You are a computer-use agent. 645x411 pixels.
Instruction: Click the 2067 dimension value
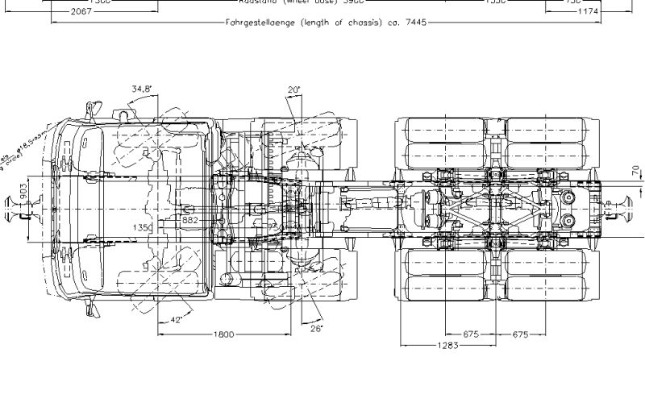[81, 12]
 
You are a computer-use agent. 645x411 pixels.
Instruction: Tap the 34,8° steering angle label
[144, 89]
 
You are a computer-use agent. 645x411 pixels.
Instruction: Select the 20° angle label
[293, 89]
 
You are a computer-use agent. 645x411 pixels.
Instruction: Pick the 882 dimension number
[189, 219]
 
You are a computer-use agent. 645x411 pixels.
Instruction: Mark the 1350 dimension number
[142, 228]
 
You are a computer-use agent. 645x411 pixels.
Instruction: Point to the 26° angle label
[315, 329]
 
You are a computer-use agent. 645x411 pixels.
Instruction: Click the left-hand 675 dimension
[472, 334]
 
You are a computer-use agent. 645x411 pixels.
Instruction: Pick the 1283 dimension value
[447, 347]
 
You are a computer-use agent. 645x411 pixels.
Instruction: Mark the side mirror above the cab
[89, 107]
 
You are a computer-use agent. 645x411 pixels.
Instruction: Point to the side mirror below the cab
[90, 309]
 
